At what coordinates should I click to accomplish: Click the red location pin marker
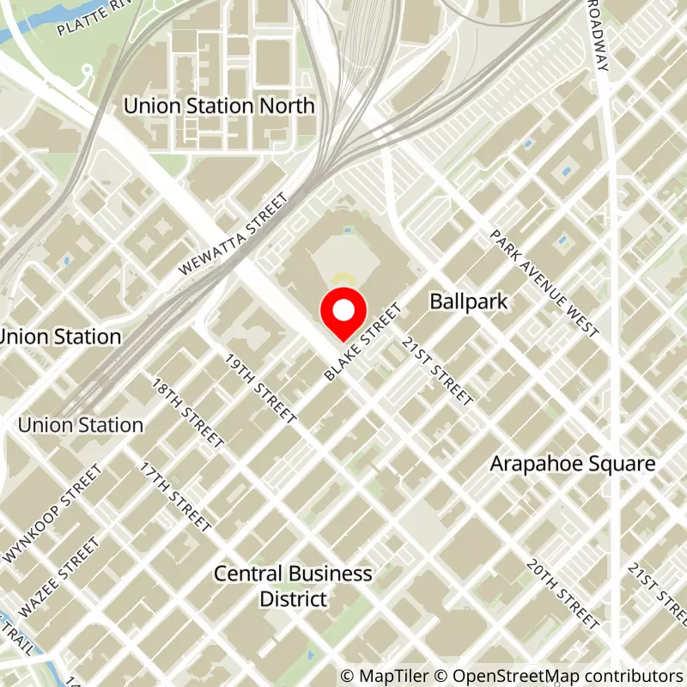coord(343,315)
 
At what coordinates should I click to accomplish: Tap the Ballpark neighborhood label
coord(469,301)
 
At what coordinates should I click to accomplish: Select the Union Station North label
coord(220,106)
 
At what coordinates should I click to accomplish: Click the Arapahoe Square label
coord(573,464)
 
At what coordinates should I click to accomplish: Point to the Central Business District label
coord(294,586)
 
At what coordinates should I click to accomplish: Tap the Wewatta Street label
coord(233,234)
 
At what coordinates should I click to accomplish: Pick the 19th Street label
coord(260,388)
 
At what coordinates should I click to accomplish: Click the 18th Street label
coord(188,412)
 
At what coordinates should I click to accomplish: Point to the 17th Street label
coord(176,498)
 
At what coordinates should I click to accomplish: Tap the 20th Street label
coord(562,594)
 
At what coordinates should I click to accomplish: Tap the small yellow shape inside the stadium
coord(343,278)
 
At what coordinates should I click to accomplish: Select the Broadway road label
coord(598,36)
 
